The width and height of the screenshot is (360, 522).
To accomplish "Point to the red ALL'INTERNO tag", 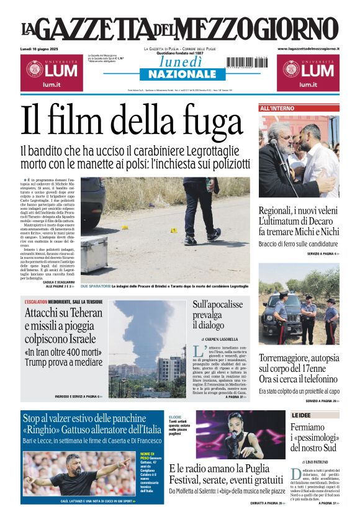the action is pyautogui.click(x=277, y=109).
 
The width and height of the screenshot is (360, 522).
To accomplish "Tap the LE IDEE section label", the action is pyautogui.click(x=302, y=415).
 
